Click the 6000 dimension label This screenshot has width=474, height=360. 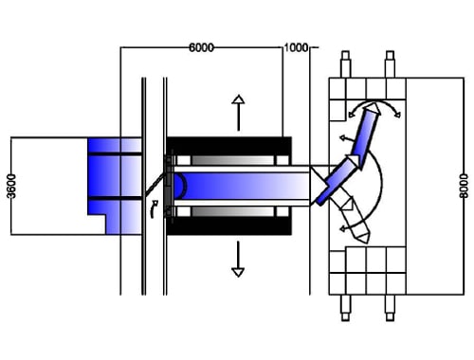201,47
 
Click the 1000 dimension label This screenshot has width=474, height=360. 296,47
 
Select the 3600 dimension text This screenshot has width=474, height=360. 11,186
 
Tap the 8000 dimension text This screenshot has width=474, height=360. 464,186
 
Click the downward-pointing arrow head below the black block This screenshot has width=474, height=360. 238,272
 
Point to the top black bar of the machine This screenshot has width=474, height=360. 228,146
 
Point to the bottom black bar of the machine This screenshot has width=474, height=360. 228,225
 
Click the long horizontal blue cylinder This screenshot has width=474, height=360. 241,186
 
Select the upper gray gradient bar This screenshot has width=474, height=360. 233,160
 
